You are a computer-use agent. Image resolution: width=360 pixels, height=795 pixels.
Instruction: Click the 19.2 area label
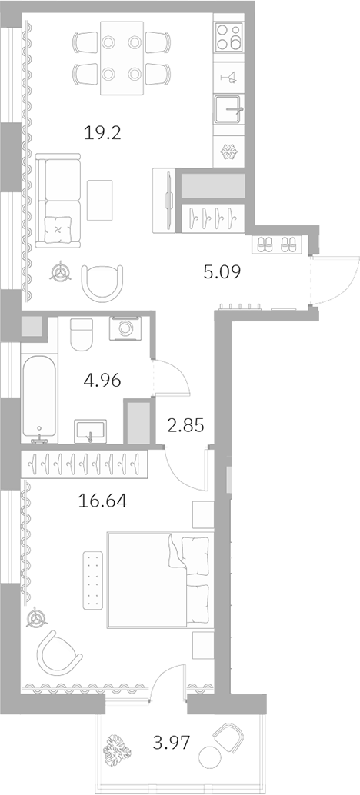[103, 131]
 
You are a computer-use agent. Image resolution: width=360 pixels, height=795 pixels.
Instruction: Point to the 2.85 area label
[185, 425]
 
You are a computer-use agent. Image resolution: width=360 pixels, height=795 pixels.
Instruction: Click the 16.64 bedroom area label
[102, 501]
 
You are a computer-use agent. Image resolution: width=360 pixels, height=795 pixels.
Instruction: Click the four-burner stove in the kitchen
[228, 35]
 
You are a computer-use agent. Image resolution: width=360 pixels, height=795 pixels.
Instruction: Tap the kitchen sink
[228, 111]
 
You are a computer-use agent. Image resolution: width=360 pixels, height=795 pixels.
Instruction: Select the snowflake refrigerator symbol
[228, 151]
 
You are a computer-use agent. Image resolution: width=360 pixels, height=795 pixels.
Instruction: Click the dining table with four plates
[120, 58]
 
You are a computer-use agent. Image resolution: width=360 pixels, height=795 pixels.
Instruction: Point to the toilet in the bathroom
[81, 332]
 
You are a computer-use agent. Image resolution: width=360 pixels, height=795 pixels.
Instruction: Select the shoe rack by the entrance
[276, 244]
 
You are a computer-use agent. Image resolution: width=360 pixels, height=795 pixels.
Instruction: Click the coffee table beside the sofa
[100, 198]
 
